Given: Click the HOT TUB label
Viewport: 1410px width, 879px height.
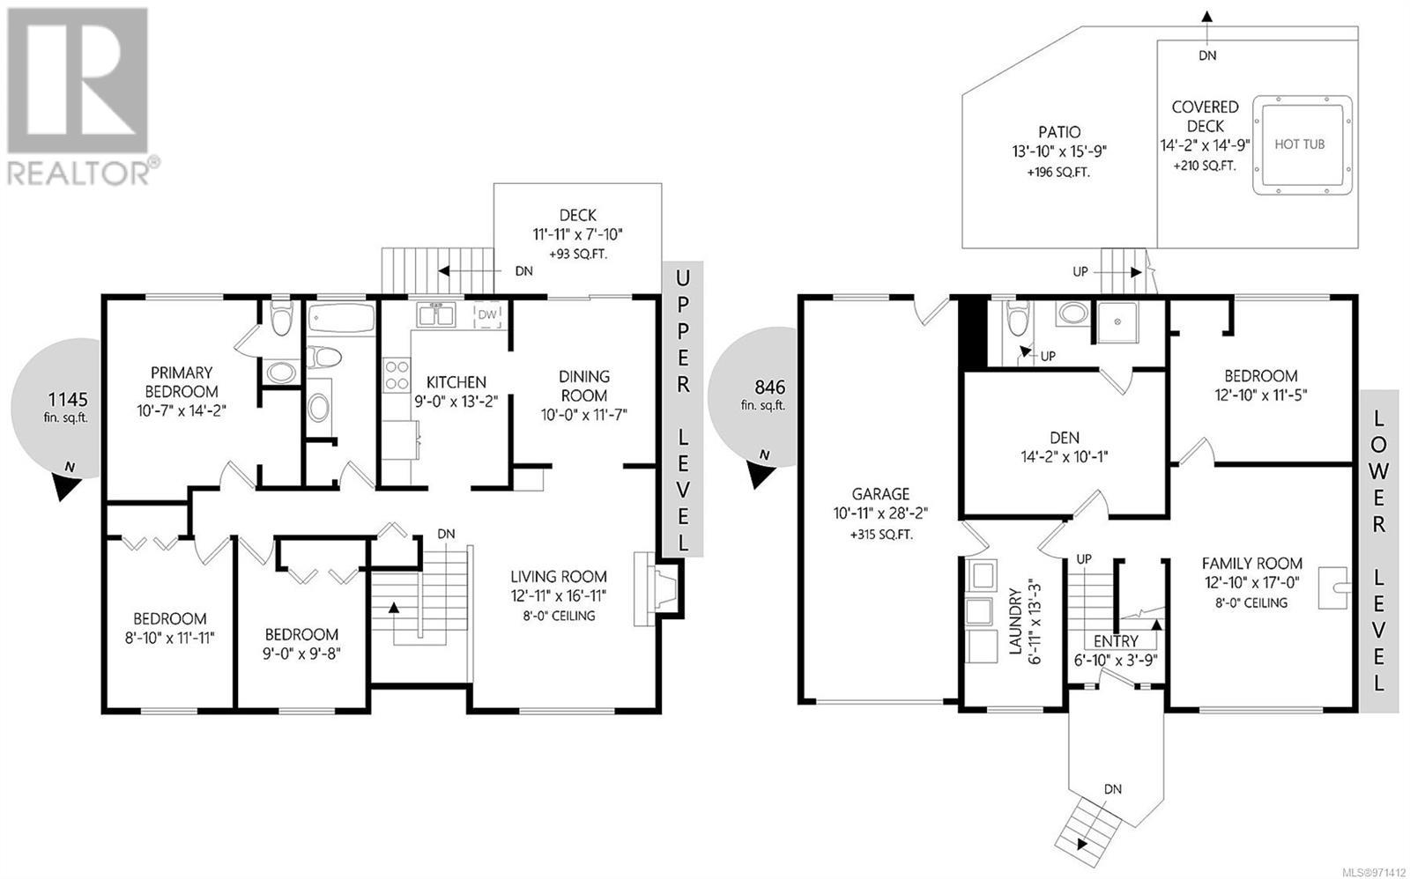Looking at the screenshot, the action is click(x=1299, y=144).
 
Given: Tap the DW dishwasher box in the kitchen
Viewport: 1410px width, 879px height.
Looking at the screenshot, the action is click(x=488, y=314).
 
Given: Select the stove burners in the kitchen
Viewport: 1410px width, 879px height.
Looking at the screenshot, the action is click(x=397, y=375).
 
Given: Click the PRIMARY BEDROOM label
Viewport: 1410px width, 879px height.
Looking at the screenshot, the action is click(x=182, y=382).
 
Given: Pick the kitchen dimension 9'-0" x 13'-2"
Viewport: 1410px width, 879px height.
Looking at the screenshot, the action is click(x=456, y=402).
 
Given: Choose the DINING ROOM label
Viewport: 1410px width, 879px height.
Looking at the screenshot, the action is click(x=584, y=386).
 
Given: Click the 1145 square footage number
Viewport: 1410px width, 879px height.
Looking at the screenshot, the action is click(x=68, y=399).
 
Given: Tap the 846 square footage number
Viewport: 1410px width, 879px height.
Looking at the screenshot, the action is click(x=770, y=387).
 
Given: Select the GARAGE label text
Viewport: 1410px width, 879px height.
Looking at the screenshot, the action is click(x=880, y=494).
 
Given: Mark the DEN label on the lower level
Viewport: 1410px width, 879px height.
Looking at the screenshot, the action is click(x=1065, y=437).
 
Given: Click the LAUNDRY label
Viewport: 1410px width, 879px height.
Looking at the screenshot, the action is click(x=1015, y=621).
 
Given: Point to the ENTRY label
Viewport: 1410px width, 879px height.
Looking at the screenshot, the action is click(x=1116, y=641).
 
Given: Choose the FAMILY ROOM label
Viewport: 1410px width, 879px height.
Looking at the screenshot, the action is click(x=1252, y=564).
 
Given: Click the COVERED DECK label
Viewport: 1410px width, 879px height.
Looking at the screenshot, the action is click(x=1205, y=116).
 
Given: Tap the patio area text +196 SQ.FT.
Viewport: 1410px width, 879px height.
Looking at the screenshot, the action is click(x=1058, y=173).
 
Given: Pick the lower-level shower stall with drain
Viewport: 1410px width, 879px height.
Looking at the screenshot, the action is click(x=1117, y=322).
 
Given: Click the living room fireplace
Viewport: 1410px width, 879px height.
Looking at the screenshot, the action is click(x=657, y=589).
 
